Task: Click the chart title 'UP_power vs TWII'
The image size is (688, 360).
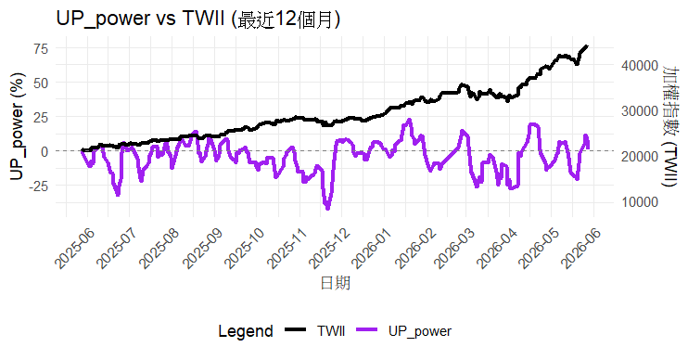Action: click(x=140, y=19)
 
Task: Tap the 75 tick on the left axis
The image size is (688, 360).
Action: click(x=41, y=48)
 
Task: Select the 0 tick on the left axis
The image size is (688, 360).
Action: click(x=45, y=151)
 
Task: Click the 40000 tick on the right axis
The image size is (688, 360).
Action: click(x=639, y=66)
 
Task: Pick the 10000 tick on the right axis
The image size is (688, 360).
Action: click(x=639, y=202)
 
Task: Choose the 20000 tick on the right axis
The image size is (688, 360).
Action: click(x=639, y=156)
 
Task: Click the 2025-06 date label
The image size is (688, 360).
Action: click(x=76, y=248)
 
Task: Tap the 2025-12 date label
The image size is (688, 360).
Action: click(x=329, y=248)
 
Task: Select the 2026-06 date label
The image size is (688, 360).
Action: click(x=581, y=248)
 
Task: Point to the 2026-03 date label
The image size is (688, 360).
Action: click(x=454, y=248)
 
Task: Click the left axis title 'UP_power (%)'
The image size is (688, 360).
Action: click(x=17, y=126)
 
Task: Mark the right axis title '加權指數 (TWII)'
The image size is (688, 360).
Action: click(x=670, y=126)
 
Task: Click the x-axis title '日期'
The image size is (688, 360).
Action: click(x=336, y=283)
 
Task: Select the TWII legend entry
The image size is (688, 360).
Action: click(x=314, y=330)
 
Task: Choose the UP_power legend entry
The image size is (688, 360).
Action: click(x=403, y=331)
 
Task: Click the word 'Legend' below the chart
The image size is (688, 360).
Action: click(x=246, y=331)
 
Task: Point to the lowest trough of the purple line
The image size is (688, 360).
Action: click(x=327, y=208)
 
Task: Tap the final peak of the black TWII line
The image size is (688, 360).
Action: click(x=587, y=46)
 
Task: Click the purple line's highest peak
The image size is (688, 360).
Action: click(x=410, y=120)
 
